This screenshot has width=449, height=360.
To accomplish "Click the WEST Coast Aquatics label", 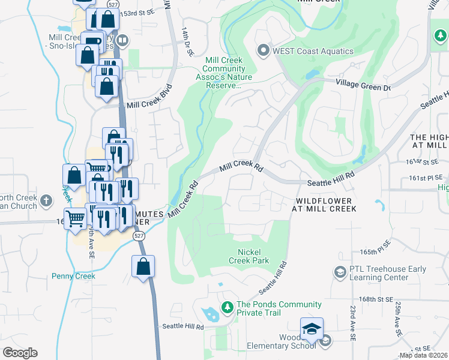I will (x=313, y=51).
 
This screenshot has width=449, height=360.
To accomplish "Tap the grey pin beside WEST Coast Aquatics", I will (x=263, y=50).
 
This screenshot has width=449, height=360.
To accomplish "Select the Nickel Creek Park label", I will (x=249, y=257).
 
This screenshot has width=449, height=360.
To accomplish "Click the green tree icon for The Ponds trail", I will (x=227, y=308).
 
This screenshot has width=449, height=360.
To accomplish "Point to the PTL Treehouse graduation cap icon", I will (x=340, y=272).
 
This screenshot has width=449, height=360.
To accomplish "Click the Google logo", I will (x=20, y=353).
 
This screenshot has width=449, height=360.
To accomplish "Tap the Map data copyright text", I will (x=423, y=355).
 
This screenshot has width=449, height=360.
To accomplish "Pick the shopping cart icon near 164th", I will (x=75, y=218).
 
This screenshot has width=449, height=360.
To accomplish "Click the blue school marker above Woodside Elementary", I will (x=312, y=329).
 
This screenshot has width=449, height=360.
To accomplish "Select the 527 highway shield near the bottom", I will (x=139, y=236).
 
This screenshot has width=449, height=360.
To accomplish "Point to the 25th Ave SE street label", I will (x=397, y=318).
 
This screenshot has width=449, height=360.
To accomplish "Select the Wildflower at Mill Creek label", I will (x=326, y=204).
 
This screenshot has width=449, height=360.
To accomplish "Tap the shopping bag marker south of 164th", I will (x=143, y=267).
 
